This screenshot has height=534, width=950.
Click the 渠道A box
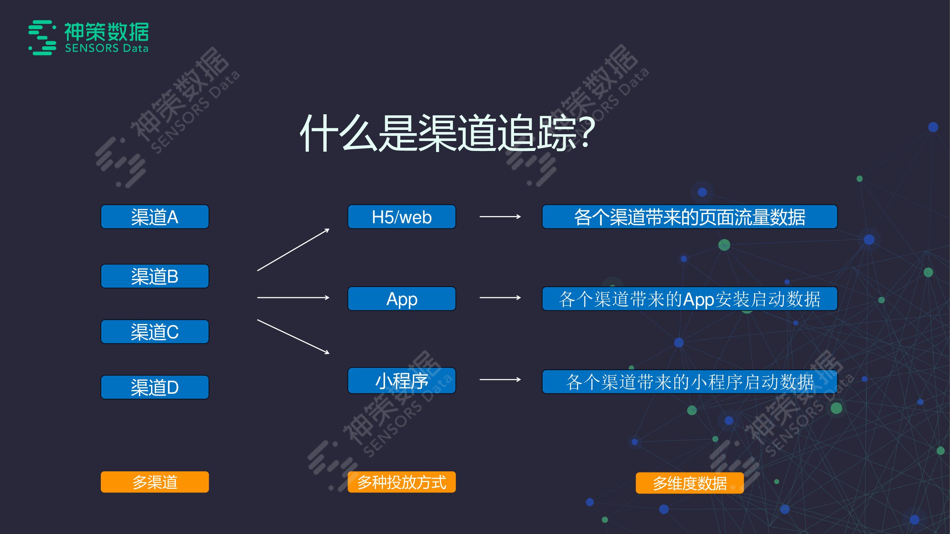[155, 217]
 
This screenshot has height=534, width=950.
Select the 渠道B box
[155, 276]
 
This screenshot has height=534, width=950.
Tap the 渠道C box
[155, 332]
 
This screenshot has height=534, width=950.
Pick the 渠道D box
[155, 387]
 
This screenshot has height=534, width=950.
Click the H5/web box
[401, 217]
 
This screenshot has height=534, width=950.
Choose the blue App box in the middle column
[401, 299]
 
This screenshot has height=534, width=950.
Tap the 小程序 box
[401, 380]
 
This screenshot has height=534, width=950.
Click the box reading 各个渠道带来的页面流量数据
[689, 217]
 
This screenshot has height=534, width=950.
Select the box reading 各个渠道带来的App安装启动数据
[689, 299]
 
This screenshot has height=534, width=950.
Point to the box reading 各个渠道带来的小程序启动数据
[689, 382]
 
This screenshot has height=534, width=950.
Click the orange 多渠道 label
[155, 482]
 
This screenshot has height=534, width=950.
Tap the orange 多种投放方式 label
[401, 482]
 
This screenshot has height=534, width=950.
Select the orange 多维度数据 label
[689, 483]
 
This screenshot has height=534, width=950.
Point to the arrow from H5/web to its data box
[500, 217]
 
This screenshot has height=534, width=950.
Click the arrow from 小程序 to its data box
[500, 379]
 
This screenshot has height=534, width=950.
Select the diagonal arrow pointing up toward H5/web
[293, 250]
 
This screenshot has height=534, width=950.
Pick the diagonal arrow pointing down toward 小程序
[293, 336]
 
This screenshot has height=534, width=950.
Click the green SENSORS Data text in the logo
[107, 48]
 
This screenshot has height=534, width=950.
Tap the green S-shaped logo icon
[42, 38]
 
